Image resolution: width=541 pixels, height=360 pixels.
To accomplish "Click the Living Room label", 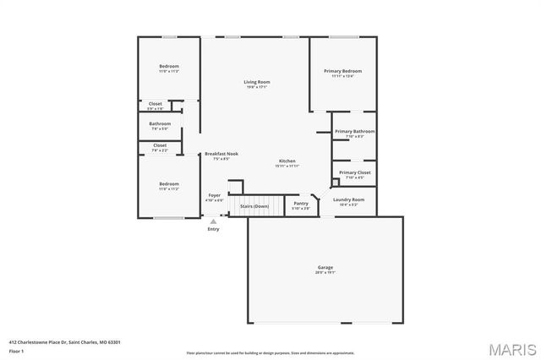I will [257, 82].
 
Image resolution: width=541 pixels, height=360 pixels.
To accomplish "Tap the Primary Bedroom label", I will [342, 71].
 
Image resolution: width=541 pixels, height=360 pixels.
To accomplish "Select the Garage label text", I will [325, 268].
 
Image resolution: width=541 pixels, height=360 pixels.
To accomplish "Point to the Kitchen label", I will [287, 161].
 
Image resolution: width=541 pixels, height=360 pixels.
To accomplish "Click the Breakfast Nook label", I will [221, 154].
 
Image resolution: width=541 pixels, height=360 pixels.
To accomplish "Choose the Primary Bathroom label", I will [354, 132].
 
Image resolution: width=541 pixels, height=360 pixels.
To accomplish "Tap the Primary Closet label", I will [354, 172].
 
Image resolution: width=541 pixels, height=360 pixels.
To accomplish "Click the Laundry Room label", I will [347, 199].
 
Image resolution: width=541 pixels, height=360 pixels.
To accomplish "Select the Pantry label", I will [301, 203].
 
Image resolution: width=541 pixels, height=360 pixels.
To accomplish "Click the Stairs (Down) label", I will [254, 206].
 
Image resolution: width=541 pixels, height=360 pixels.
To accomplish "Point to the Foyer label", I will [215, 195].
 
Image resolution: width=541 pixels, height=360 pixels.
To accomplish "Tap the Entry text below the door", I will [213, 229].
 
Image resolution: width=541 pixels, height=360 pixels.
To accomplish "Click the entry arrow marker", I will [213, 221].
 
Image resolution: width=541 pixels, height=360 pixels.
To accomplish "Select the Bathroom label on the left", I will [160, 124].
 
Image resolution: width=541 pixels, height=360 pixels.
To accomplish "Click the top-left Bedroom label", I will [169, 67].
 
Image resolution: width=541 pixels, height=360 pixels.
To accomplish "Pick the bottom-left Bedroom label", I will [169, 183].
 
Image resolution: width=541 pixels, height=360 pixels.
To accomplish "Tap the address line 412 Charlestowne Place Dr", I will [64, 342].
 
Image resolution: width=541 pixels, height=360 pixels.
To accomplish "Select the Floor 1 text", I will [17, 351].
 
